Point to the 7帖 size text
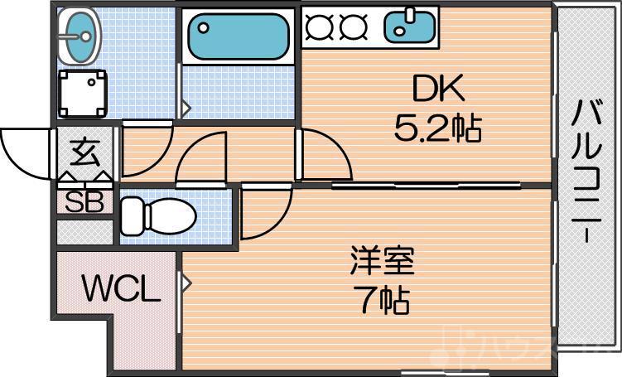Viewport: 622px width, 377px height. coord(381,301)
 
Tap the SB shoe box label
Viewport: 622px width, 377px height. coord(84,202)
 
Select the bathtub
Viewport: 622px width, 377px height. coord(237,37)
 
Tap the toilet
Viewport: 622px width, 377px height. coord(157,216)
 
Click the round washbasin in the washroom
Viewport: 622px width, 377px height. coord(80,36)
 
